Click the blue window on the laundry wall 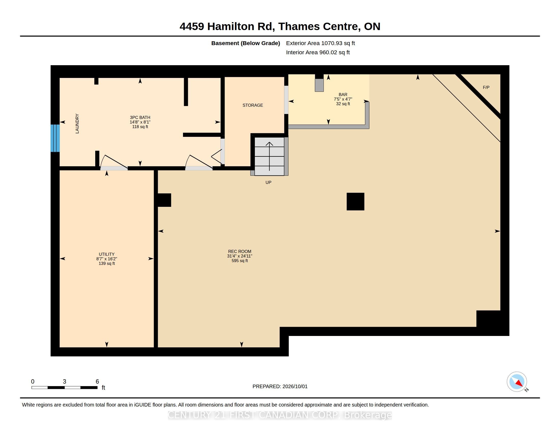coord(55,138)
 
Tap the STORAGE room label coord(253,105)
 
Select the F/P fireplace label coord(486,87)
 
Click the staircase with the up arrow coord(269,156)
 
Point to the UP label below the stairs coord(268,182)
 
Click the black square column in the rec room coord(355,201)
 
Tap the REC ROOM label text coord(240,251)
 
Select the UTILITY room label coord(107,254)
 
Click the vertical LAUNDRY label coord(77,124)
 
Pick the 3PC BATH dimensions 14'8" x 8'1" coord(140,122)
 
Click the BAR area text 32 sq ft coord(343,104)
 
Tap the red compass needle coord(519,383)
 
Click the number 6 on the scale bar coord(97,382)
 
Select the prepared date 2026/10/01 coord(295,386)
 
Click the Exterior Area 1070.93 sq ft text coord(320,43)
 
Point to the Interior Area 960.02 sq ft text coord(318,52)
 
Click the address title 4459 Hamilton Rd coord(227,26)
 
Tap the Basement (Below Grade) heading coord(245,43)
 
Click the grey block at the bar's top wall coord(319,85)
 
